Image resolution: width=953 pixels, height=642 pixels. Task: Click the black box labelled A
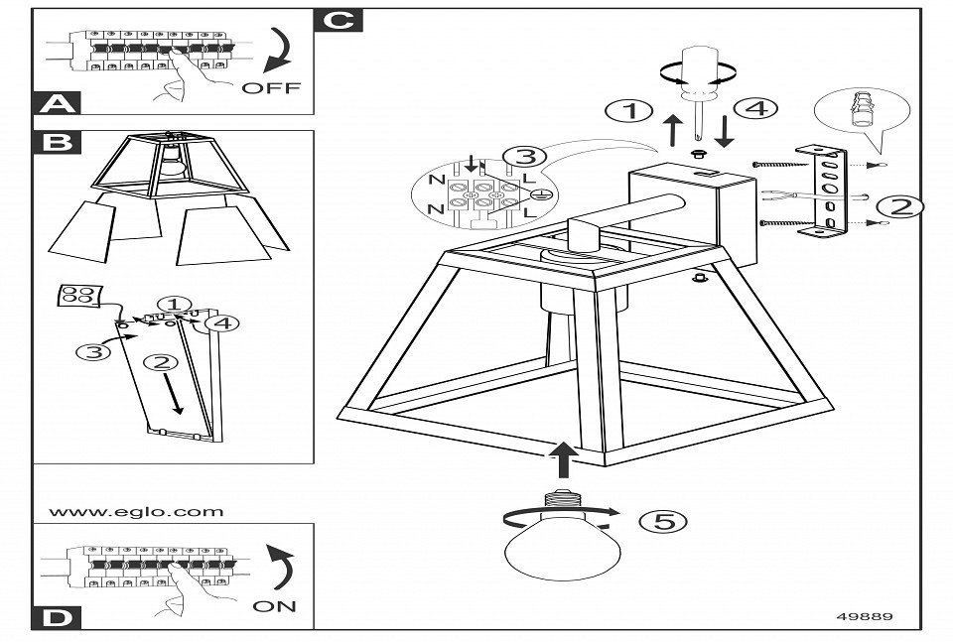point(59,103)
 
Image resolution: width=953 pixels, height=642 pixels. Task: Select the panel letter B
point(59,143)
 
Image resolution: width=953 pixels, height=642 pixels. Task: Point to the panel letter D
point(59,618)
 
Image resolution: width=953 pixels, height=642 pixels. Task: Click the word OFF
point(269,87)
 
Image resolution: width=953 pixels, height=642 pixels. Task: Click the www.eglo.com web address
point(136,513)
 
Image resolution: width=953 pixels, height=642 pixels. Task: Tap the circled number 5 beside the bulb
point(660,520)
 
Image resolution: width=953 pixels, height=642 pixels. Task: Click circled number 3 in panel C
point(524,157)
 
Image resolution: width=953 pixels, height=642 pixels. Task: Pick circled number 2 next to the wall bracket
point(898,206)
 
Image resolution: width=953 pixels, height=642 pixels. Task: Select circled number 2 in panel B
point(162,362)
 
